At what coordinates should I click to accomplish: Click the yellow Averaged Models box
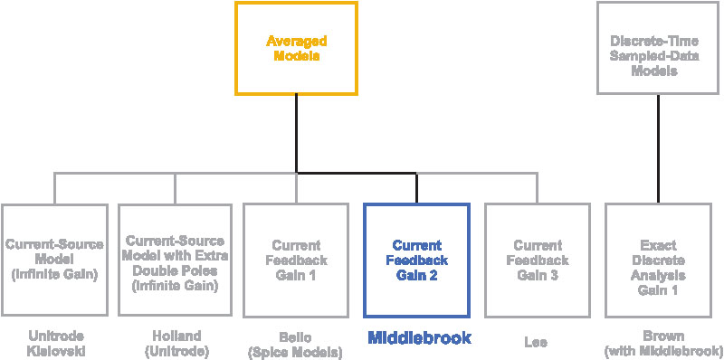(296, 48)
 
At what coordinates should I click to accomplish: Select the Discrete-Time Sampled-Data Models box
(657, 48)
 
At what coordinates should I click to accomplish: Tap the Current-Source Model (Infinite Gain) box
(53, 259)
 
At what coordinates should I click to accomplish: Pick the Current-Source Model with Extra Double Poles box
(176, 259)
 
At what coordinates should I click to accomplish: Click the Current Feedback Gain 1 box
(296, 259)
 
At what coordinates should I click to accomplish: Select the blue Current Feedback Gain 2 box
(416, 259)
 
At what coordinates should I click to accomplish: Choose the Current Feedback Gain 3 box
(538, 259)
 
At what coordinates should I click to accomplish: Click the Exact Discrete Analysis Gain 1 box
(657, 259)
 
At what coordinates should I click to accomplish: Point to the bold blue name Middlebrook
(419, 339)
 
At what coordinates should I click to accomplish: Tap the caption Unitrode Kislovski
(53, 345)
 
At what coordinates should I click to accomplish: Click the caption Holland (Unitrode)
(176, 345)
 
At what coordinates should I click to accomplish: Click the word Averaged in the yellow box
(296, 41)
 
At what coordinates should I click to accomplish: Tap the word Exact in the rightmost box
(658, 245)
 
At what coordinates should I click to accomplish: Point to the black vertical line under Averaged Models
(296, 131)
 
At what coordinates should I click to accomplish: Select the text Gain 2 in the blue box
(416, 275)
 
